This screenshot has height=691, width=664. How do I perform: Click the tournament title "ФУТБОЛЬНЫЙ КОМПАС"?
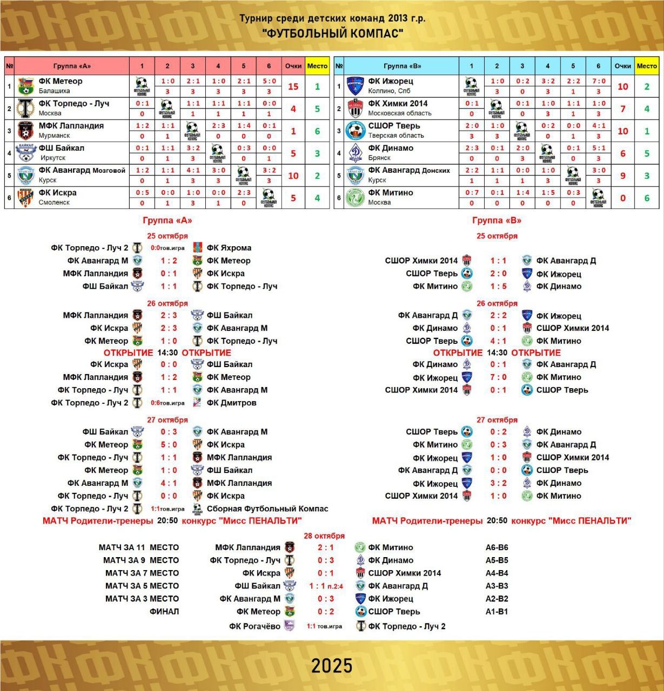point(332,34)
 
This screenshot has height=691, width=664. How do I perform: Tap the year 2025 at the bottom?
point(332,666)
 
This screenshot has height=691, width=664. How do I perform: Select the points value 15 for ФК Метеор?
point(293,86)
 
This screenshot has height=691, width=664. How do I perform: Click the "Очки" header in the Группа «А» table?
point(293,66)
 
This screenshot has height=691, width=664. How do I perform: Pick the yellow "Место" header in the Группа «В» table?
point(647,66)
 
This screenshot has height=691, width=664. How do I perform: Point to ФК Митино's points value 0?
point(623,198)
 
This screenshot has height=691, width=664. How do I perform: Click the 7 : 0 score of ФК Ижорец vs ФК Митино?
point(498,377)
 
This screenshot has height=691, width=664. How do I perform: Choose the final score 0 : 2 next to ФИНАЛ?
point(326,612)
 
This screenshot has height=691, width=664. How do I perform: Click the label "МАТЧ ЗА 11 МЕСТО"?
point(138,547)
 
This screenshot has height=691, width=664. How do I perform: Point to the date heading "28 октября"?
point(324,536)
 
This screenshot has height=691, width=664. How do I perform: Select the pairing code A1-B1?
point(497,612)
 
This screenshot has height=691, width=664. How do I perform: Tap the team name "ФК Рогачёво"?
point(254,626)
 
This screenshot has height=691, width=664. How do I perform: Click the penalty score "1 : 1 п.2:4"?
point(326,586)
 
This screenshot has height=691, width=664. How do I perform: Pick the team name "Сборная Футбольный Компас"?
point(267,509)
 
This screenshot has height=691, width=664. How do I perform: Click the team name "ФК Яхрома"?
point(229,248)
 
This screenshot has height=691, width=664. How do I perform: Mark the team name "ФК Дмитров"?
point(231,403)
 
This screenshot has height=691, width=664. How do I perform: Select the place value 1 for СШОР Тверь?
point(647,131)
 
